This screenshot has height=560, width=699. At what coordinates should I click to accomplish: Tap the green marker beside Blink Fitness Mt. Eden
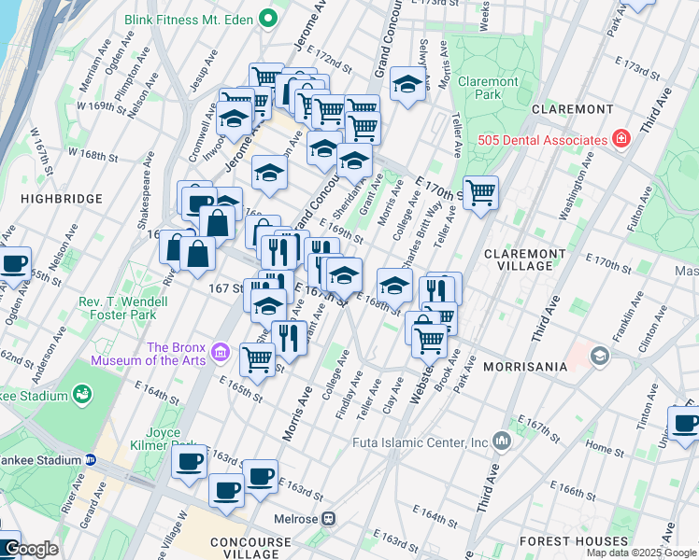pyautogui.click(x=269, y=17)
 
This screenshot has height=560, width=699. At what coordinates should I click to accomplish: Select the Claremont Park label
pyautogui.click(x=488, y=88)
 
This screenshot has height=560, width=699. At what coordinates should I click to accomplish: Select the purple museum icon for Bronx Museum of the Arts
pyautogui.click(x=221, y=352)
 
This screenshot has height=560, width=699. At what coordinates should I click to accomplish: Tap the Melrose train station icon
pyautogui.click(x=329, y=519)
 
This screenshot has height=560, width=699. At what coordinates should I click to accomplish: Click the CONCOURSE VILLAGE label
pyautogui.click(x=255, y=549)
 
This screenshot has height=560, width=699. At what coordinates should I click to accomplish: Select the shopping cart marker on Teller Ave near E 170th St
pyautogui.click(x=480, y=193)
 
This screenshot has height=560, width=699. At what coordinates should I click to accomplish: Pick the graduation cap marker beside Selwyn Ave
pyautogui.click(x=407, y=83)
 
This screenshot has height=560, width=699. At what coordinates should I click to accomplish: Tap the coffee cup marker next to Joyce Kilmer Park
pyautogui.click(x=189, y=461)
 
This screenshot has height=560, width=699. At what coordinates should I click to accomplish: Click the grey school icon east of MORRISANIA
pyautogui.click(x=598, y=356)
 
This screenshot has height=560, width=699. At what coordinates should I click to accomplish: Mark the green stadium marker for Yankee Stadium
pyautogui.click(x=82, y=396)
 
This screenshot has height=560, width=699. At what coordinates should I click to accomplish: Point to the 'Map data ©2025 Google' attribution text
pyautogui.click(x=641, y=553)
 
